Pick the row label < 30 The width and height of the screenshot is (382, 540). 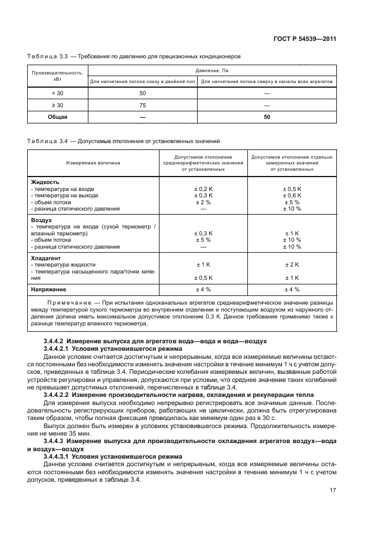57,93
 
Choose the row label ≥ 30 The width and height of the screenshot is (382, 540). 57,105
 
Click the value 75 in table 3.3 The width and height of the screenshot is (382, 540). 142,105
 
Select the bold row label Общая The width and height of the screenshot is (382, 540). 57,117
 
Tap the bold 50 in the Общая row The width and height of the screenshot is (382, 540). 266,117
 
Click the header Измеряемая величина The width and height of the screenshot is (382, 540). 93,163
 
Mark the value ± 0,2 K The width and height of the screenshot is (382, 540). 203,189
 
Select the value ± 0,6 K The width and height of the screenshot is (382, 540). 292,196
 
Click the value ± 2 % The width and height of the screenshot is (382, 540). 203,202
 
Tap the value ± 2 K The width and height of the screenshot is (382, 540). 292,264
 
